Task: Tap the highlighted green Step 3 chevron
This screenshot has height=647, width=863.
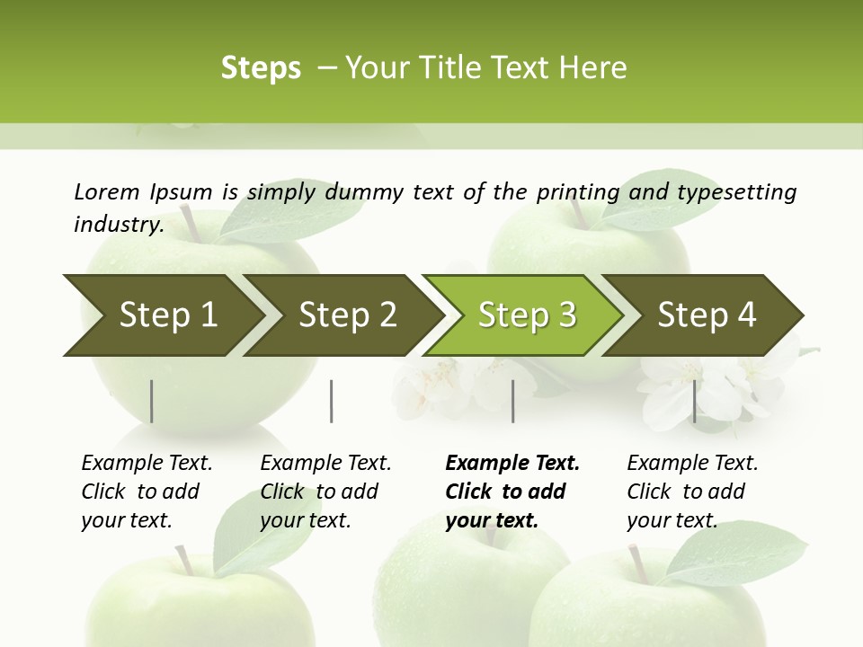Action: click(x=527, y=315)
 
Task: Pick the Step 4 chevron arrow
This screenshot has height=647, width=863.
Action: click(x=707, y=315)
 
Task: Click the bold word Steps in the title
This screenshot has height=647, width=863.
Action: click(x=261, y=68)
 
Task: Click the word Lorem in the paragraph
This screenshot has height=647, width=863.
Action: click(x=106, y=191)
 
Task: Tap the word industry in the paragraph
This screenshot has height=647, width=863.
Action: click(x=118, y=225)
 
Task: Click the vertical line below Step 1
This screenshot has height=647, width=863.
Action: click(x=152, y=401)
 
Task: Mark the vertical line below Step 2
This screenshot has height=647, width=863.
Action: click(x=332, y=401)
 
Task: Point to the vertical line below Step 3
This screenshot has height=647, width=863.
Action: click(x=512, y=401)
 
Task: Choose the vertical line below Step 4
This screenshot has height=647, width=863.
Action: click(x=694, y=401)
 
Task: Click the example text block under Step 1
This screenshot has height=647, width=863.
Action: click(x=147, y=492)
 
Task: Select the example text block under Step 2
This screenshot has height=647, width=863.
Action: click(x=325, y=492)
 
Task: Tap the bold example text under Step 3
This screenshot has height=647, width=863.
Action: click(x=512, y=492)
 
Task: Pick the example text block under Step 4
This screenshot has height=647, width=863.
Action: click(x=692, y=492)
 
